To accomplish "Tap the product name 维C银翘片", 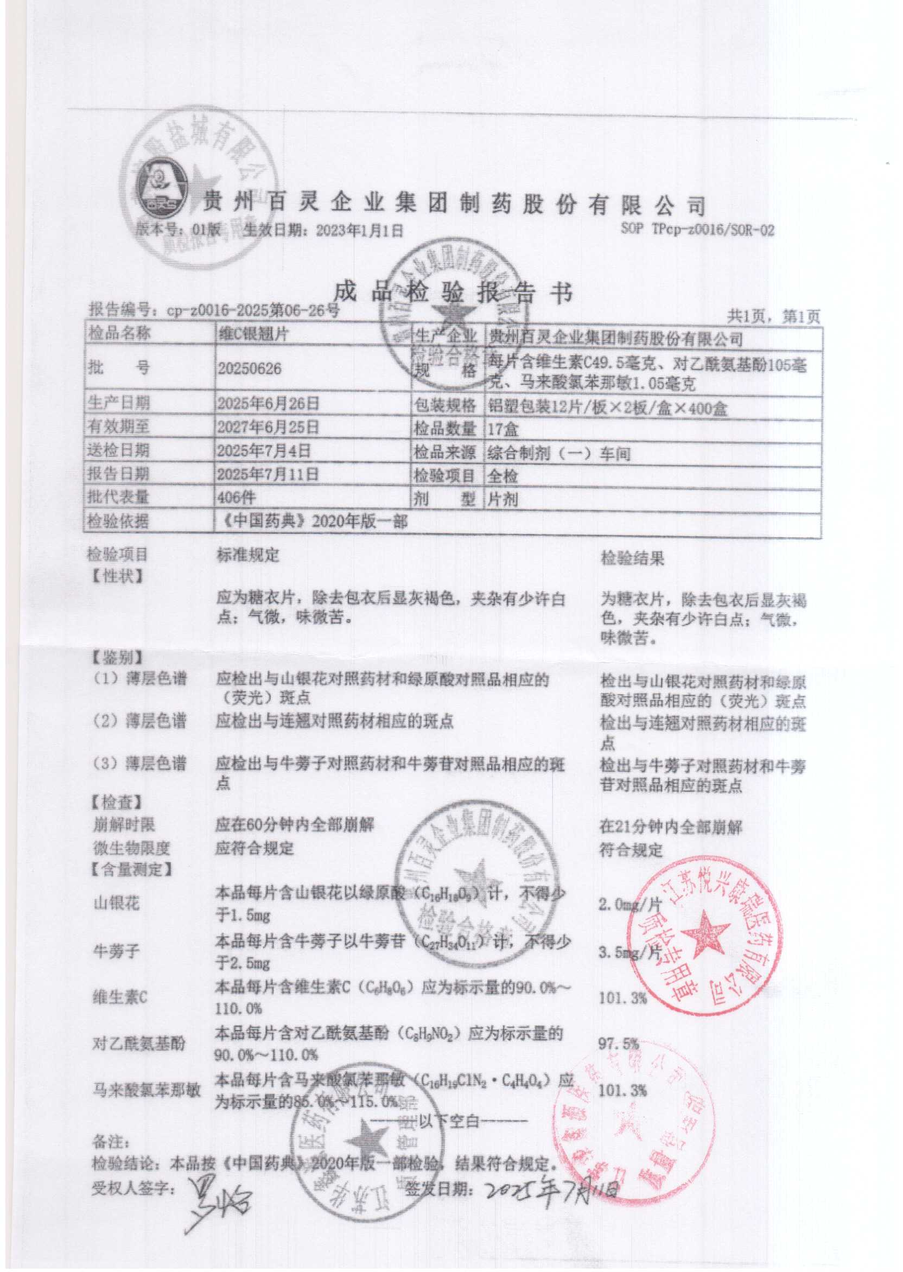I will tap(253, 334).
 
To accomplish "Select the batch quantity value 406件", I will tap(238, 497).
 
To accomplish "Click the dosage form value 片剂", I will tap(503, 499).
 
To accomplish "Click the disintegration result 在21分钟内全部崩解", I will tap(671, 826).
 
